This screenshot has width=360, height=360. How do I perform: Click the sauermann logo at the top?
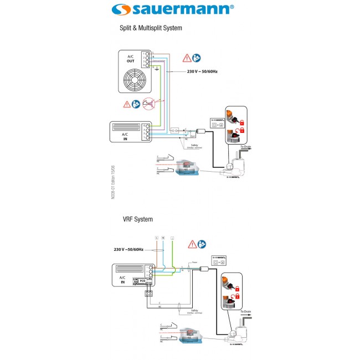[180, 9]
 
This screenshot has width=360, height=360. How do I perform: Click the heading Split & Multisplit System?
[151, 27]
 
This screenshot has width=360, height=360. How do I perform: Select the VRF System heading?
[137, 219]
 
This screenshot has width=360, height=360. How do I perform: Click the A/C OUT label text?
[130, 59]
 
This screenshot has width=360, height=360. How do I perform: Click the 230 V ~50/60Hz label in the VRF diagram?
[128, 250]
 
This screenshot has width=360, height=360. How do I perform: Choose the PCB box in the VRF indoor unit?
[142, 281]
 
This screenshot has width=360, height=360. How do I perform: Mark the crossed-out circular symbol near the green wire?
[148, 102]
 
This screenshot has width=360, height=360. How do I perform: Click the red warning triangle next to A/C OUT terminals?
[188, 57]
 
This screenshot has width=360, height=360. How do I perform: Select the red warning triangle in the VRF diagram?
[192, 244]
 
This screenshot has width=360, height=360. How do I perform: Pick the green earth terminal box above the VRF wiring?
[173, 238]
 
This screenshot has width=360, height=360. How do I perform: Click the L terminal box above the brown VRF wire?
[157, 238]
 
